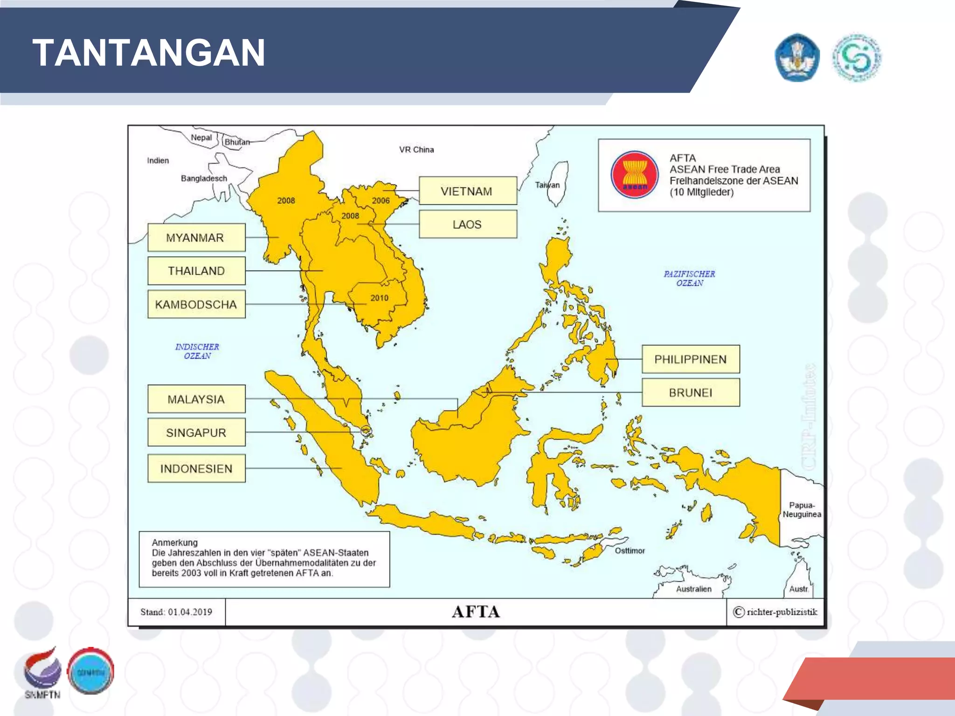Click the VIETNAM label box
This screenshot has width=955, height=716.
pyautogui.click(x=468, y=191)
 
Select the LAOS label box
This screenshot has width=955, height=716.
pyautogui.click(x=468, y=224)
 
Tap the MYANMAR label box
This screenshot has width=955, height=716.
pyautogui.click(x=196, y=238)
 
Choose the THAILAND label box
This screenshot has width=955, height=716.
pyautogui.click(x=196, y=271)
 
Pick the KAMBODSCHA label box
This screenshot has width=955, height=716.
pyautogui.click(x=196, y=304)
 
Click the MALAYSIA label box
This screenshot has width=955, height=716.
pyautogui.click(x=196, y=399)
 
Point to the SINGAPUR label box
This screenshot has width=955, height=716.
pyautogui.click(x=196, y=433)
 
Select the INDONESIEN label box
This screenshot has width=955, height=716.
pyautogui.click(x=196, y=468)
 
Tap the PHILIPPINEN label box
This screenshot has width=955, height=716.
pyautogui.click(x=691, y=359)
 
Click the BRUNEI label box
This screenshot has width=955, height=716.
pyautogui.click(x=691, y=392)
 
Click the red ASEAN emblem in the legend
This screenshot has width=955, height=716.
pyautogui.click(x=635, y=175)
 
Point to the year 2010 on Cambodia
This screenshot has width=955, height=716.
pyautogui.click(x=379, y=298)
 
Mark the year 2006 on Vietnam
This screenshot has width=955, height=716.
pyautogui.click(x=381, y=201)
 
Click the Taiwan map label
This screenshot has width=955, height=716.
pyautogui.click(x=547, y=185)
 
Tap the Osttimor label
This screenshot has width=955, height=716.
pyautogui.click(x=630, y=551)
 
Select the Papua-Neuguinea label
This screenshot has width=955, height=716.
pyautogui.click(x=802, y=510)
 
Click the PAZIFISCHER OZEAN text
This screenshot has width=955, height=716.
pyautogui.click(x=689, y=278)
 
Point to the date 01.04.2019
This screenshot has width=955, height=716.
pyautogui.click(x=190, y=612)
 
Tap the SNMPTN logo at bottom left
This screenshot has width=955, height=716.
pyautogui.click(x=42, y=672)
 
